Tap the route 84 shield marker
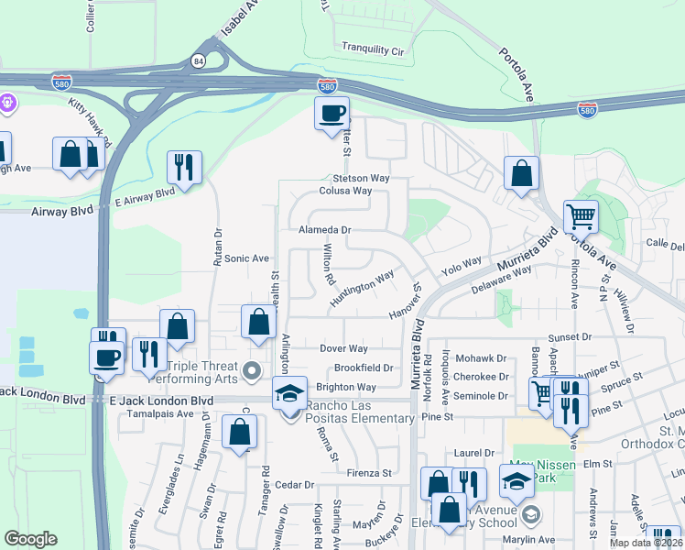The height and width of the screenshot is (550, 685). (199, 60)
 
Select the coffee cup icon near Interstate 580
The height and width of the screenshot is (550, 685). (332, 115)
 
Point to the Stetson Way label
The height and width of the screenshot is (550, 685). (361, 177)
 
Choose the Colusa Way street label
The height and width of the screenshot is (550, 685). (345, 191)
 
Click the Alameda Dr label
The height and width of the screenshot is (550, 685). (325, 230)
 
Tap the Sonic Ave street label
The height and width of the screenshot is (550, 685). (246, 258)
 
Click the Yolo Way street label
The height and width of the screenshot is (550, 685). (461, 266)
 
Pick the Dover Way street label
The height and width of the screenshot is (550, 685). (343, 348)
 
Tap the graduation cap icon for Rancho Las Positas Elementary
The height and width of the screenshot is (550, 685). (290, 393)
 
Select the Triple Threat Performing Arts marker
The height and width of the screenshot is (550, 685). (253, 371)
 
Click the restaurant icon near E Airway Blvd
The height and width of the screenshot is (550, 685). (184, 168)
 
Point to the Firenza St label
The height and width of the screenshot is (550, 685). (369, 473)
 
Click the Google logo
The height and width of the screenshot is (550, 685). (31, 539)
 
